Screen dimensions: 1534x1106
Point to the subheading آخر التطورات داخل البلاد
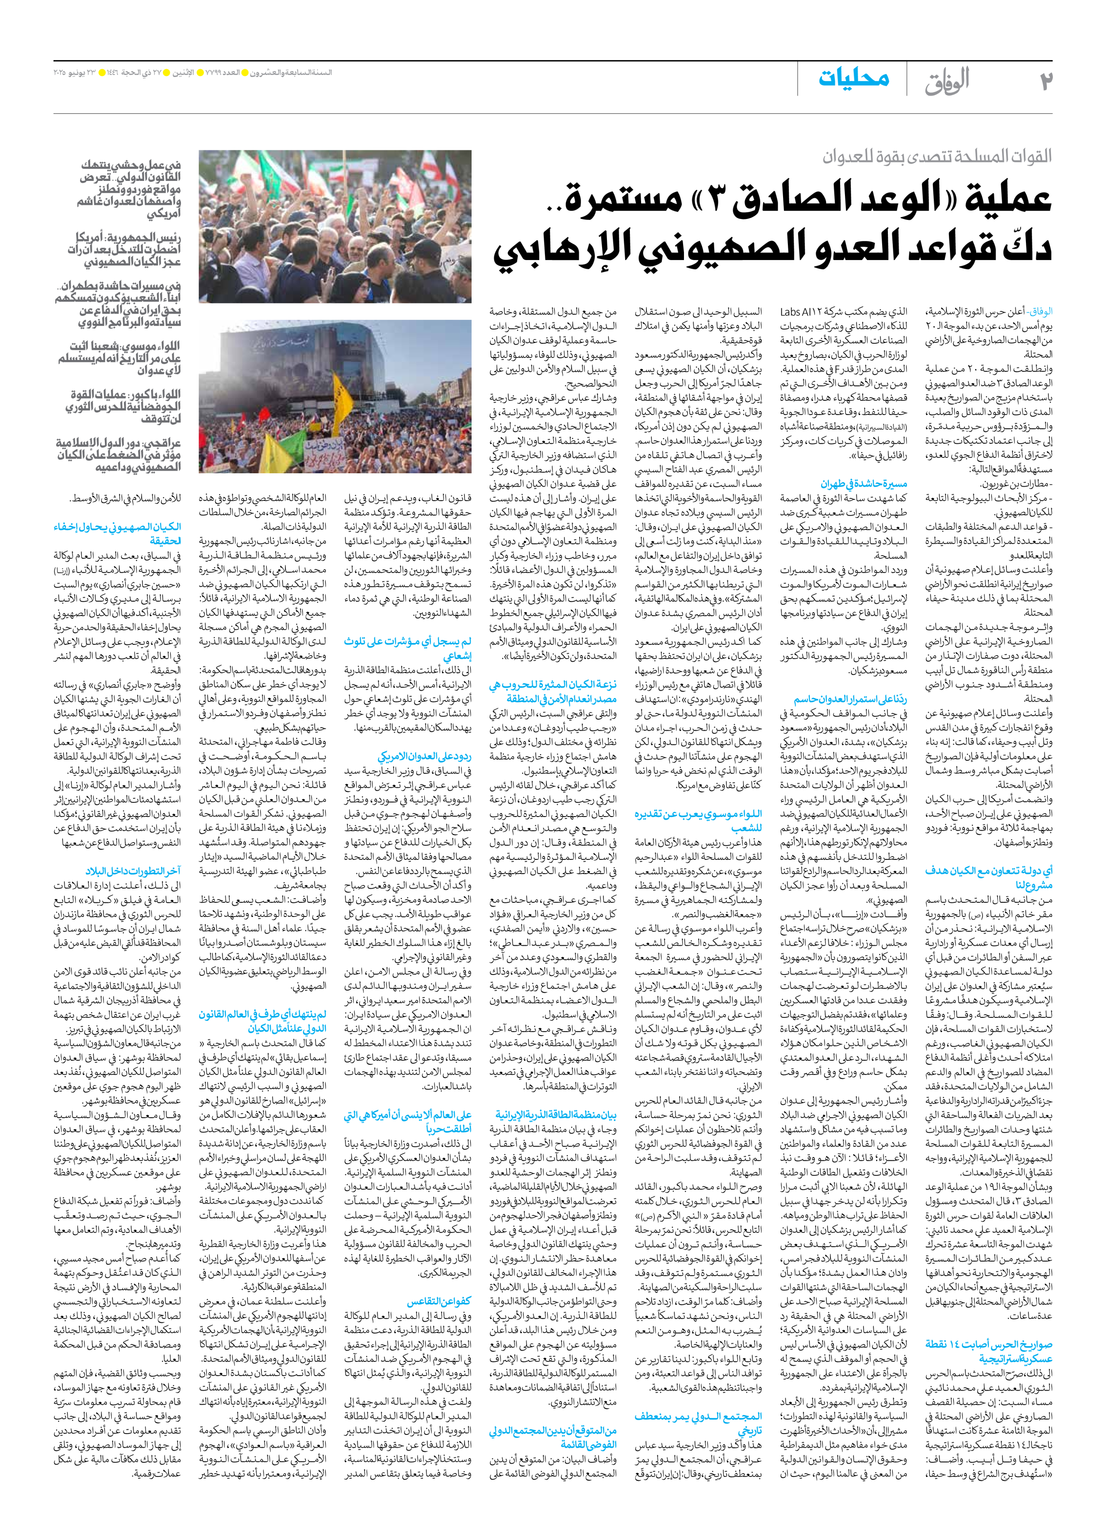(133, 871)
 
